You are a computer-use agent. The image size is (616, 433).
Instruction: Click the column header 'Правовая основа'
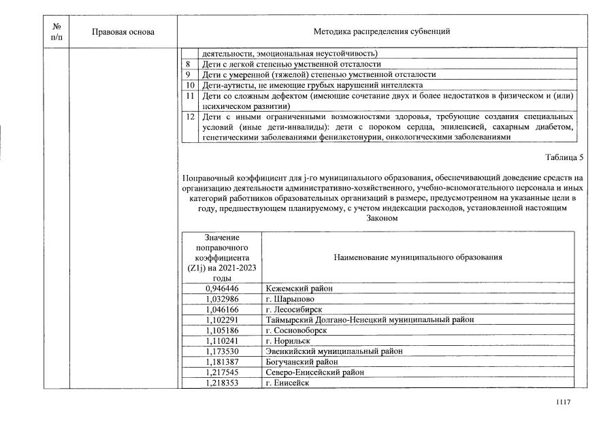pyautogui.click(x=123, y=31)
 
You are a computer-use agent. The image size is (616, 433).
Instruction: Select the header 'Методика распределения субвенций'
pyautogui.click(x=381, y=31)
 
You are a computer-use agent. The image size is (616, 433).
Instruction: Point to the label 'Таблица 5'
pyautogui.click(x=564, y=158)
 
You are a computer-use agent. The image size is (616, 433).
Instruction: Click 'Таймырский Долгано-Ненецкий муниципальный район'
pyautogui.click(x=370, y=319)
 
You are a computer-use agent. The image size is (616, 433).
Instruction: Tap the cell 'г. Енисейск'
pyautogui.click(x=287, y=383)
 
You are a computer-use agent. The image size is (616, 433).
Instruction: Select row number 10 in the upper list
pyautogui.click(x=191, y=85)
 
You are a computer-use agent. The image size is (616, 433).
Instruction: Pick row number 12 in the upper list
pyautogui.click(x=191, y=116)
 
